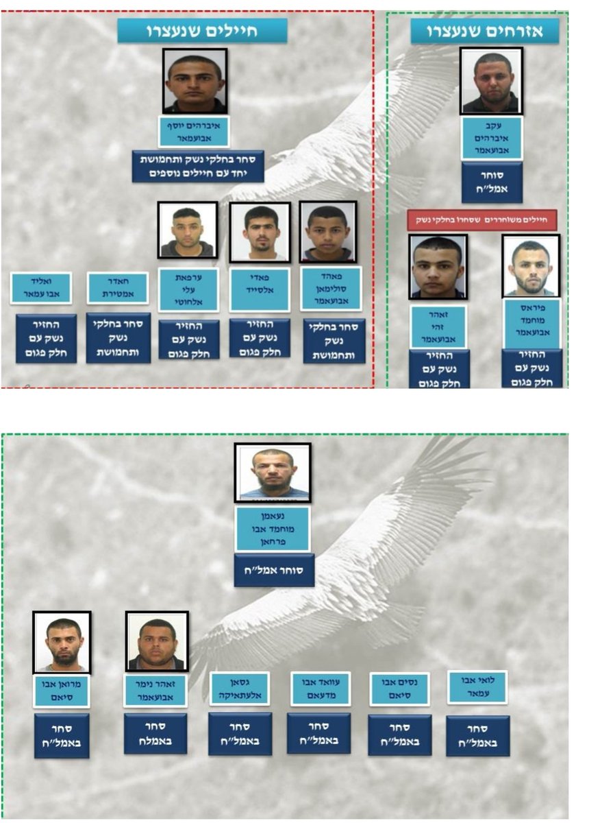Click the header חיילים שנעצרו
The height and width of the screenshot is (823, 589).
point(202,31)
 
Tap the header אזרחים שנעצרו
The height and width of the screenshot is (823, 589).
point(485,32)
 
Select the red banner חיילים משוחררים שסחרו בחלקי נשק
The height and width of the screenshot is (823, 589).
point(481,220)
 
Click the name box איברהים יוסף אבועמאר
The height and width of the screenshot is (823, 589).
point(194,131)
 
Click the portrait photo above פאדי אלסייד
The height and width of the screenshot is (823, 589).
point(260,232)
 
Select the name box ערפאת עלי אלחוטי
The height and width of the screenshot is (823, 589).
point(188,289)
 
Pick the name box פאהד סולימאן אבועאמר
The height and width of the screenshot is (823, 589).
point(331,289)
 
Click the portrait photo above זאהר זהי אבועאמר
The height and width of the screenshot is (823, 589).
point(438,267)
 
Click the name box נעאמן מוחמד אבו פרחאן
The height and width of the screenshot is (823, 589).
point(273,529)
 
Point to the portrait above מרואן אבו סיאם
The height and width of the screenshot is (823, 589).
point(62,642)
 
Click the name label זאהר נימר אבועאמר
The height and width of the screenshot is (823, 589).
point(155,691)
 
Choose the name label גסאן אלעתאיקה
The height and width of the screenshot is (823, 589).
point(239,689)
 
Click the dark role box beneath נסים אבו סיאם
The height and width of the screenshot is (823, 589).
point(400,735)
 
